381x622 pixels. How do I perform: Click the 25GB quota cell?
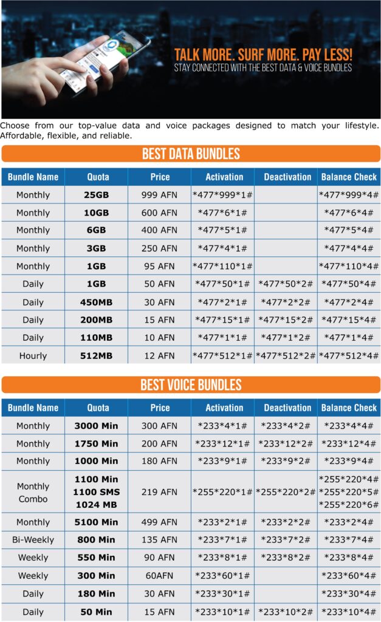[96, 195]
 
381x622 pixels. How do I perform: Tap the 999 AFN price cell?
[160, 195]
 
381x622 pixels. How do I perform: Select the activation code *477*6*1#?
[222, 213]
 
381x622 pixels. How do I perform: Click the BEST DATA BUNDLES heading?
[191, 154]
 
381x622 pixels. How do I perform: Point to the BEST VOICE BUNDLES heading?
[191, 384]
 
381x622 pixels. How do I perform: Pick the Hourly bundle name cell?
[33, 355]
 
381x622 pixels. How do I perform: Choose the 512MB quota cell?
[96, 355]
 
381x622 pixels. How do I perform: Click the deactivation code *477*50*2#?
[286, 284]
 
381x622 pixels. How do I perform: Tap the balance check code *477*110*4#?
[349, 266]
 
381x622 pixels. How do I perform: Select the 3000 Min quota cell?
[96, 426]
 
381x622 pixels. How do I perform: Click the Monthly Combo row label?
[33, 492]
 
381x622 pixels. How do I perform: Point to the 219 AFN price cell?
[160, 492]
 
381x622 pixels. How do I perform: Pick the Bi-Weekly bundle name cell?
[33, 539]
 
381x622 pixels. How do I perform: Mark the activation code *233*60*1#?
[222, 575]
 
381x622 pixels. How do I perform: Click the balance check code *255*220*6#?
[349, 504]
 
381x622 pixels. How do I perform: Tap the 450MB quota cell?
[96, 302]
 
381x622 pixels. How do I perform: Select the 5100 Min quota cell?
[96, 522]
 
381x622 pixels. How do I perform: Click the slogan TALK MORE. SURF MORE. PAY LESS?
[263, 55]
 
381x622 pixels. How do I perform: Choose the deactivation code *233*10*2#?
[286, 611]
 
